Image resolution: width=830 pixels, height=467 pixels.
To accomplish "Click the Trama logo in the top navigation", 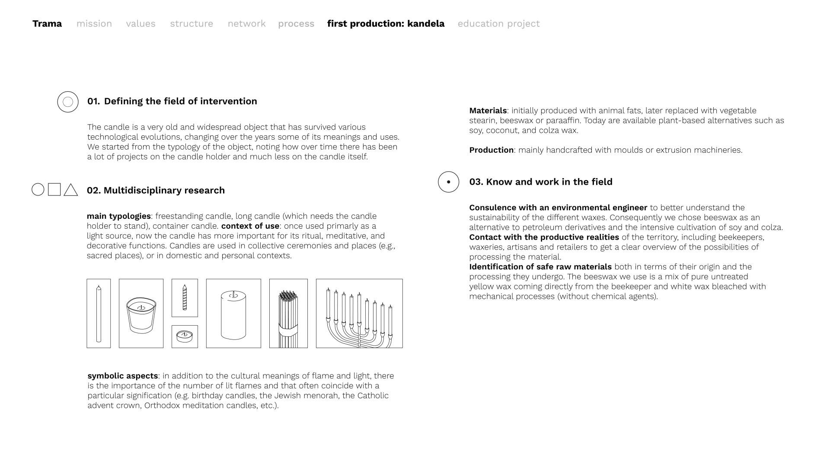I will click(x=47, y=24).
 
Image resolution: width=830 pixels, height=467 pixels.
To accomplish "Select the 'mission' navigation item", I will click(x=94, y=24).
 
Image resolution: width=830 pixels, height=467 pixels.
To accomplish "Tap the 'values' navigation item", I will click(x=140, y=24).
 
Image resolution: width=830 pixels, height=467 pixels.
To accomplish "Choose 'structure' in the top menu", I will click(x=192, y=24).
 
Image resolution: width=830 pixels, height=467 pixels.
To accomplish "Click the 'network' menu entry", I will click(x=246, y=24).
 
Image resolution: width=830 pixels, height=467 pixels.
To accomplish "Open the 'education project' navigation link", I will click(x=498, y=24).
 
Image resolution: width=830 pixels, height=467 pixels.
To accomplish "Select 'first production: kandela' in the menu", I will click(x=386, y=24).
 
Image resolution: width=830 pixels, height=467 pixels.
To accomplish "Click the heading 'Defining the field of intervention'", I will click(x=180, y=101).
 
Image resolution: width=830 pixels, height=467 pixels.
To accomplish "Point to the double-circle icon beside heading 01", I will click(x=68, y=102).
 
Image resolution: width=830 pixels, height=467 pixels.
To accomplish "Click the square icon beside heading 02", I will click(x=54, y=189).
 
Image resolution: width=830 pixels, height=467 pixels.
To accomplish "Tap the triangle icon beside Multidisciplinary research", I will click(x=70, y=190).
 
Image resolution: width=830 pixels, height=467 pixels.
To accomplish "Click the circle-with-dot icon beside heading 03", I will click(x=448, y=182).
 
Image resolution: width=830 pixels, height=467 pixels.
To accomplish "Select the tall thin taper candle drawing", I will click(x=99, y=313).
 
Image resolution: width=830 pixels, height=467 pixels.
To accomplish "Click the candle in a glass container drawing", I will click(x=141, y=313).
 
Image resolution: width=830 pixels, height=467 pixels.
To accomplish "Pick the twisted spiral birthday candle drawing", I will click(x=185, y=297).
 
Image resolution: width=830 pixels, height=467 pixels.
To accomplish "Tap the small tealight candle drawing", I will click(x=185, y=336).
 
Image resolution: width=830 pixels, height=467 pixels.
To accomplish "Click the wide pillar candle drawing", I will click(x=233, y=313).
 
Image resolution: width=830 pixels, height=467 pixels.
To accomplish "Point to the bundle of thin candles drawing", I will click(x=288, y=313).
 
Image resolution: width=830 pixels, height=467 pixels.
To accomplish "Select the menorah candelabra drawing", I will click(x=359, y=313).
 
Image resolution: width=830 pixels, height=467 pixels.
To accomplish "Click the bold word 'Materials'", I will click(x=488, y=111).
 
